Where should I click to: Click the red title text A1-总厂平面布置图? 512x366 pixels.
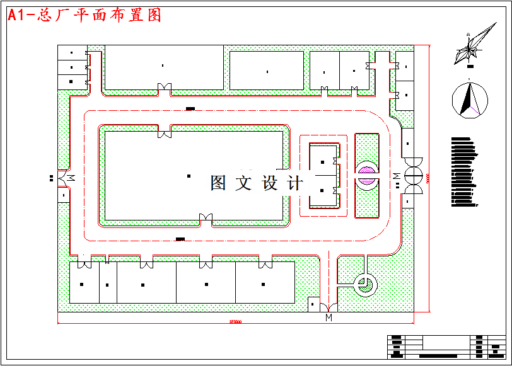pyautogui.click(x=84, y=16)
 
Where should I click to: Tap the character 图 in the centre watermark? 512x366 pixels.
pyautogui.click(x=219, y=183)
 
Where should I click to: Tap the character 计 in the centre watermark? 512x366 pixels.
pyautogui.click(x=295, y=183)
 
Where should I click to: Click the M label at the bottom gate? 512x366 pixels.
pyautogui.click(x=329, y=317)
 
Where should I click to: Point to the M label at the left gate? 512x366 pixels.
pyautogui.click(x=71, y=177)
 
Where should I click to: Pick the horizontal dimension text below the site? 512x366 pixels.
pyautogui.click(x=235, y=322)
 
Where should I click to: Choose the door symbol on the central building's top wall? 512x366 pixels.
pyautogui.click(x=165, y=131)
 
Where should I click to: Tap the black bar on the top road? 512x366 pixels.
pyautogui.click(x=190, y=109)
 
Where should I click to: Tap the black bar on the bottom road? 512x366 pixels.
pyautogui.click(x=180, y=239)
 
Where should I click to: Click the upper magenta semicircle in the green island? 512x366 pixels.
pyautogui.click(x=366, y=168)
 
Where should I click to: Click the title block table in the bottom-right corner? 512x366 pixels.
pyautogui.click(x=445, y=346)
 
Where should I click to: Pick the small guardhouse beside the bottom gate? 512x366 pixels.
pyautogui.click(x=313, y=304)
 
